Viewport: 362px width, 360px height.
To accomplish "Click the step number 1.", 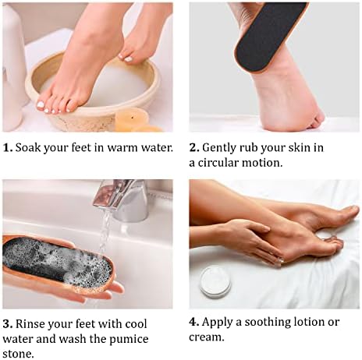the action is click(8, 147).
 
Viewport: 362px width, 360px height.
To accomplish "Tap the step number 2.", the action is click(194, 147).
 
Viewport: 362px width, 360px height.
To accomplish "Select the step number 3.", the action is click(8, 324).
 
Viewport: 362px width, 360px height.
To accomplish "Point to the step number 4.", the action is click(194, 322).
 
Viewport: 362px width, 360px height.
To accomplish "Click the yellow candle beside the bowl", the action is click(132, 119).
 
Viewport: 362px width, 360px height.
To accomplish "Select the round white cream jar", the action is click(215, 282).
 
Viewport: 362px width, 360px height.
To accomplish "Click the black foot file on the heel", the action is click(271, 37).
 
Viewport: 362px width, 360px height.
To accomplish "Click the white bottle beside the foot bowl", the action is click(13, 68).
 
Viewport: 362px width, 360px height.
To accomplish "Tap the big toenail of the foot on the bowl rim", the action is click(41, 104).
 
